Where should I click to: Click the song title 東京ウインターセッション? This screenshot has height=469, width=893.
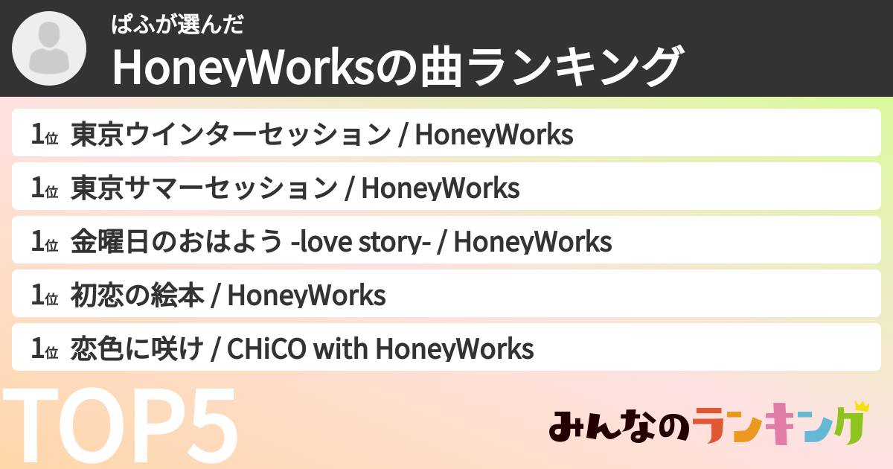tap(231, 135)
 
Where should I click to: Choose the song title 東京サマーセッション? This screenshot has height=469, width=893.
tap(204, 188)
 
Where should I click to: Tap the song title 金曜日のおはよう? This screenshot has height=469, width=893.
tap(176, 242)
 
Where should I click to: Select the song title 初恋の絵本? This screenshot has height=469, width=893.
tap(137, 296)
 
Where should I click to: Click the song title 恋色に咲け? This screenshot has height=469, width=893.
tap(137, 349)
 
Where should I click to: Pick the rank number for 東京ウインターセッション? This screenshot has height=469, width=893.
tap(44, 135)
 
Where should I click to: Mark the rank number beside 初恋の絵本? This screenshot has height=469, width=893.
tap(44, 296)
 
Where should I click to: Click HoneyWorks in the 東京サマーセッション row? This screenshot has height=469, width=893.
tap(440, 188)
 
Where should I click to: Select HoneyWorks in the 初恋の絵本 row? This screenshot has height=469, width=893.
tap(306, 296)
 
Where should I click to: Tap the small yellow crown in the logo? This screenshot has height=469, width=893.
tap(862, 406)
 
